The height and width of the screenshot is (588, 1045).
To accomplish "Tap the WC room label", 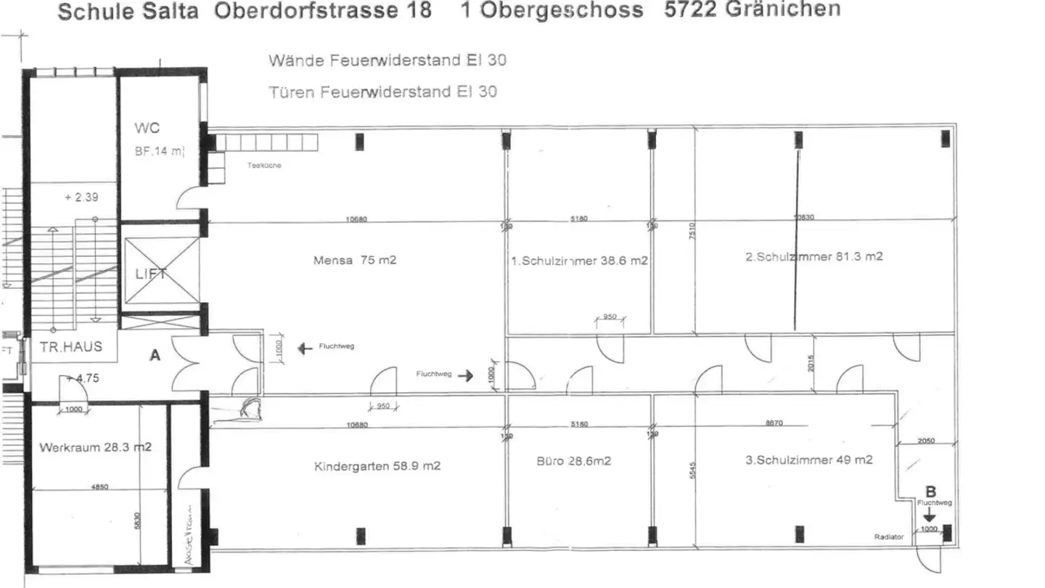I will (147, 128).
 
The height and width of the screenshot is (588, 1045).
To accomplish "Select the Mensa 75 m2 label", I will (355, 260).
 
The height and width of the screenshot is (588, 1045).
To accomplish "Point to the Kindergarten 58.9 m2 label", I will (377, 466).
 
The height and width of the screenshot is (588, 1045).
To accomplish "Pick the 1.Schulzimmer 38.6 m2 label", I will (579, 261).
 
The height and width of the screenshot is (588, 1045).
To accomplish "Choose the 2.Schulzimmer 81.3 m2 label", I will (814, 256).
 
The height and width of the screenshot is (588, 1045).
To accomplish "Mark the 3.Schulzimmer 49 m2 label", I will (809, 460).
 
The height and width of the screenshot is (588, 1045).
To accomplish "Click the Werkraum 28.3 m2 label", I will (95, 447).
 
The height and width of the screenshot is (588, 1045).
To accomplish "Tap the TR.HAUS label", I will (71, 347).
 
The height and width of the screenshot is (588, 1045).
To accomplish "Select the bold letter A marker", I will (155, 356).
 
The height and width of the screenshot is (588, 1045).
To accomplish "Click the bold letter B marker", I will (933, 491).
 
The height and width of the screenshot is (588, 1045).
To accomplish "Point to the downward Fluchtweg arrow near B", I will (930, 516).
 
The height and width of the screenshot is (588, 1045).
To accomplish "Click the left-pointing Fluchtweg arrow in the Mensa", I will (306, 349).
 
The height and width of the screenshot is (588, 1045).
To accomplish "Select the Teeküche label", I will (263, 166).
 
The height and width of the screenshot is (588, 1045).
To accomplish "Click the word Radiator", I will (889, 537).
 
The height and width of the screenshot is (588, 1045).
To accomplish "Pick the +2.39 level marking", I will (81, 197).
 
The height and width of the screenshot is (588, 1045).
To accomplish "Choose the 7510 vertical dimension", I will (692, 233).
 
